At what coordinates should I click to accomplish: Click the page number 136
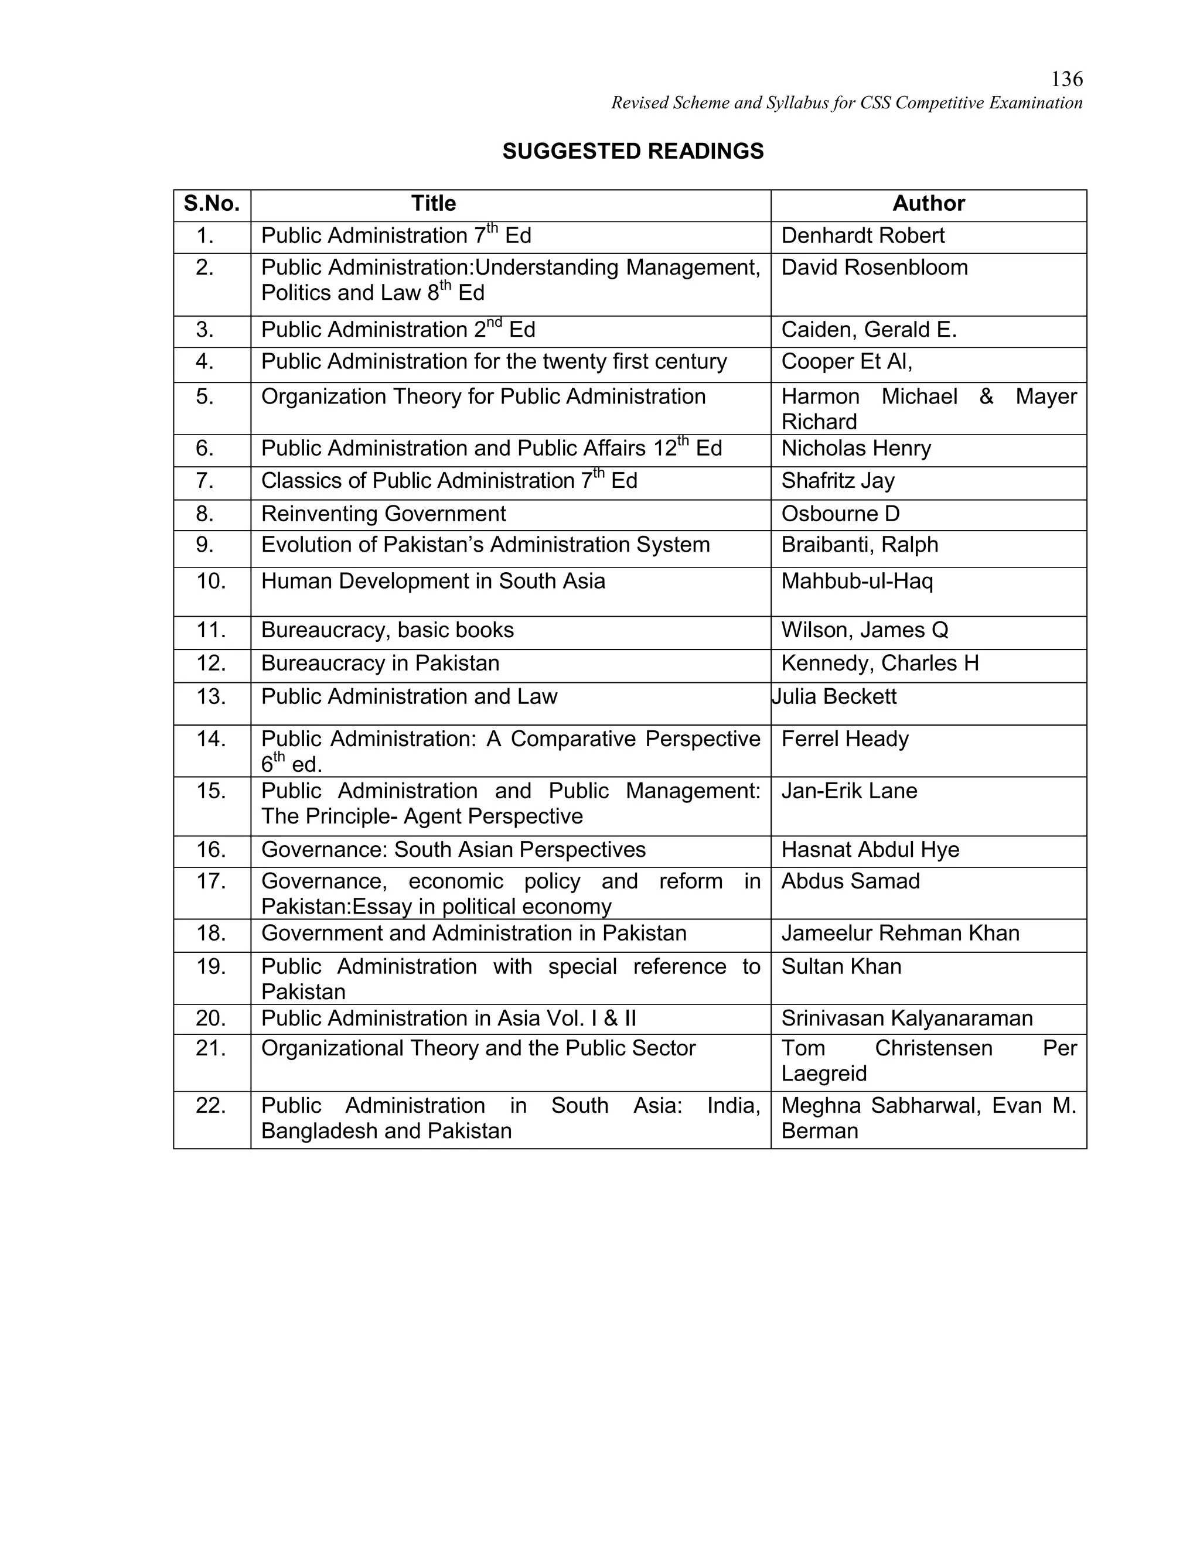click(1066, 79)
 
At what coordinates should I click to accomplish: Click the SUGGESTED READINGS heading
click(633, 151)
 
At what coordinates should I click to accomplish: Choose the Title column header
click(433, 204)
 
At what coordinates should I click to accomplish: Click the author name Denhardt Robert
click(862, 236)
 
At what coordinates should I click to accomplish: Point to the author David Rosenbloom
click(874, 268)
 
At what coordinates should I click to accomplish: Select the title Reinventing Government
click(383, 514)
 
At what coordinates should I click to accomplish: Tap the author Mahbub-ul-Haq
click(857, 582)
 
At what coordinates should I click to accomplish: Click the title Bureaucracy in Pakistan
click(380, 663)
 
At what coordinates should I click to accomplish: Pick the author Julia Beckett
click(834, 696)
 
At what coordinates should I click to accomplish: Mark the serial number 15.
click(211, 791)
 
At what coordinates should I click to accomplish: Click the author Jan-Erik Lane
click(849, 791)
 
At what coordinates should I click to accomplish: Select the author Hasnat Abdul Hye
click(870, 850)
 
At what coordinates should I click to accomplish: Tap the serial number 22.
click(211, 1106)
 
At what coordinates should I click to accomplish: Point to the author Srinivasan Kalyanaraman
click(906, 1018)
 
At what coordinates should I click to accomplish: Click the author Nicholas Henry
click(856, 449)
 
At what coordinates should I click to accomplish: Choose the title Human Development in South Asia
click(433, 582)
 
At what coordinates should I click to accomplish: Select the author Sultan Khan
click(841, 966)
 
